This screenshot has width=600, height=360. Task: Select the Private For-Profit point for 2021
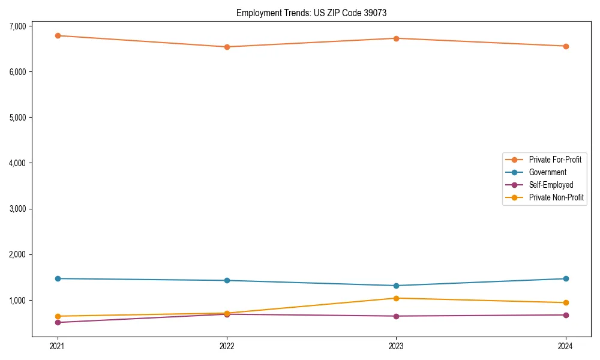(x=58, y=35)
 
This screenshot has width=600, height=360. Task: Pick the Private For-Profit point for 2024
(x=566, y=46)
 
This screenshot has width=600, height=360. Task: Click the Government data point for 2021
(x=58, y=278)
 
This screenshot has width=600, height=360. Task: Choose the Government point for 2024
(x=566, y=278)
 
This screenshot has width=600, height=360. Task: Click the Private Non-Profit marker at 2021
(x=58, y=316)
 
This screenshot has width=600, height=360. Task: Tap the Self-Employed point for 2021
(x=58, y=322)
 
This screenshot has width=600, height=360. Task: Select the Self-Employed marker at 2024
(x=566, y=315)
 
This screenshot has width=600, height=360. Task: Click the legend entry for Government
(x=547, y=172)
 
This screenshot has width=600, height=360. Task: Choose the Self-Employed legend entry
(x=551, y=185)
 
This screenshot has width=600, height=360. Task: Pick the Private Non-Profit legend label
(x=556, y=197)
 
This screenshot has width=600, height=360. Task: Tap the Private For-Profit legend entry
(x=555, y=160)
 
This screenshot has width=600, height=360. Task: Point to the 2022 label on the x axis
(x=227, y=346)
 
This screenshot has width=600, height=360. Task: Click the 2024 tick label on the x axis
(x=566, y=346)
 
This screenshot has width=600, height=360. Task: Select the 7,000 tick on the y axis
(x=17, y=26)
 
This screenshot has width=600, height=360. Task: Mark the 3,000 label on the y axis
(x=17, y=209)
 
